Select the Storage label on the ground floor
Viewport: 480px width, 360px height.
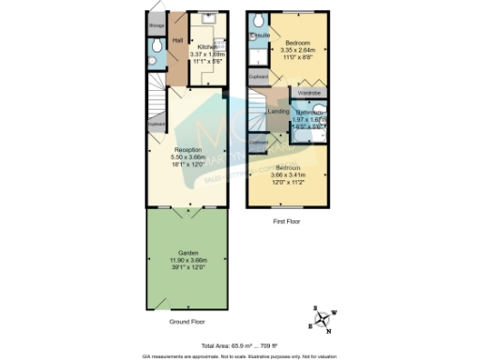(156, 40)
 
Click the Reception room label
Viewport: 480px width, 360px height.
(188, 150)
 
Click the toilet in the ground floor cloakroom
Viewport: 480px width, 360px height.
(156, 66)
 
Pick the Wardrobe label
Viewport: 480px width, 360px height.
(308, 93)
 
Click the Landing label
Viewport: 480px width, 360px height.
(278, 112)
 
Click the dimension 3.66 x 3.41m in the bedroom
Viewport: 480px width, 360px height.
(288, 174)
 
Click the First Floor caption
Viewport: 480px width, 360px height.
(286, 221)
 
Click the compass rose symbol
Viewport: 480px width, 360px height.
(324, 321)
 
